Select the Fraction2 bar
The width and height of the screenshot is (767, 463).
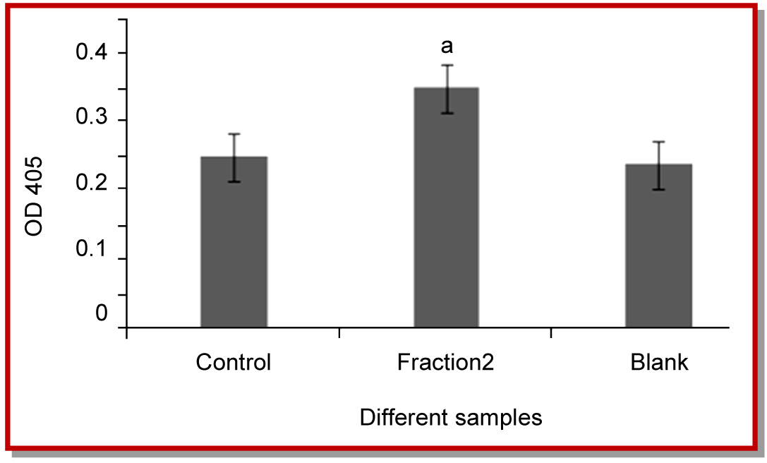(x=446, y=208)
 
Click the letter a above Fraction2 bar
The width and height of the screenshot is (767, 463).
(x=446, y=47)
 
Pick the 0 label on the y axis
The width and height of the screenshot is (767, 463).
(x=102, y=313)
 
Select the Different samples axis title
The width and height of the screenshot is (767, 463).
(x=451, y=417)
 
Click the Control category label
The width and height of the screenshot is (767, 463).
(x=234, y=363)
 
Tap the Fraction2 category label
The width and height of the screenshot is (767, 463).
(x=445, y=363)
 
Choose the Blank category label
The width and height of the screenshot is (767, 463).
(x=659, y=363)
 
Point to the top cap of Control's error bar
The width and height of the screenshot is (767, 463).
(x=234, y=133)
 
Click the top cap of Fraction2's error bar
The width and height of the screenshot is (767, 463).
(x=447, y=65)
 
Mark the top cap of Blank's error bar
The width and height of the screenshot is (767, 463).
(x=659, y=142)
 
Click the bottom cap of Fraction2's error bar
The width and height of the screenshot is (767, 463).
(x=447, y=113)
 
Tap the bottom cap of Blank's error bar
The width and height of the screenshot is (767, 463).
(x=659, y=189)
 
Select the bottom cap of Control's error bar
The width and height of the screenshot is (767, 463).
(x=234, y=181)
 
